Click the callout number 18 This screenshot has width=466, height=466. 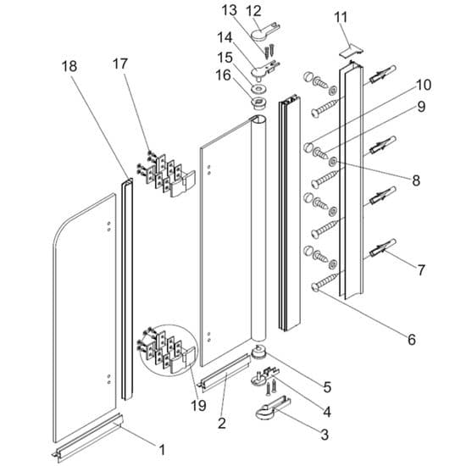69,66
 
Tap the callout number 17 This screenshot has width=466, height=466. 120,64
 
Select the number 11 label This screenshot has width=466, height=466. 341,18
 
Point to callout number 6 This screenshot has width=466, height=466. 412,340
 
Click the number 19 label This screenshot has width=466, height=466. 198,405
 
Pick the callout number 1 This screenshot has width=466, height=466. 162,450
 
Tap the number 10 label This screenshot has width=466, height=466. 424,85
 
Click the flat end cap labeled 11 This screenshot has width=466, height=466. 352,50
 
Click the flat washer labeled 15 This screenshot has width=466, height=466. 258,88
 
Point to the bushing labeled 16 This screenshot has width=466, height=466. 258,103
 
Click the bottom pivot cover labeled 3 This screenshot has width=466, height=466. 271,408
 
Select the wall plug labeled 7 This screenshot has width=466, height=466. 382,247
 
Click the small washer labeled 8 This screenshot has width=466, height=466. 332,161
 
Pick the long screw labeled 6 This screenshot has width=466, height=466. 325,281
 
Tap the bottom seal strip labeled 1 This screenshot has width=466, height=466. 89,438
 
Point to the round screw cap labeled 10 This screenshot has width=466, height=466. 309,147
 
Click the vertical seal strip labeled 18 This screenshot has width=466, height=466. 127,289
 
